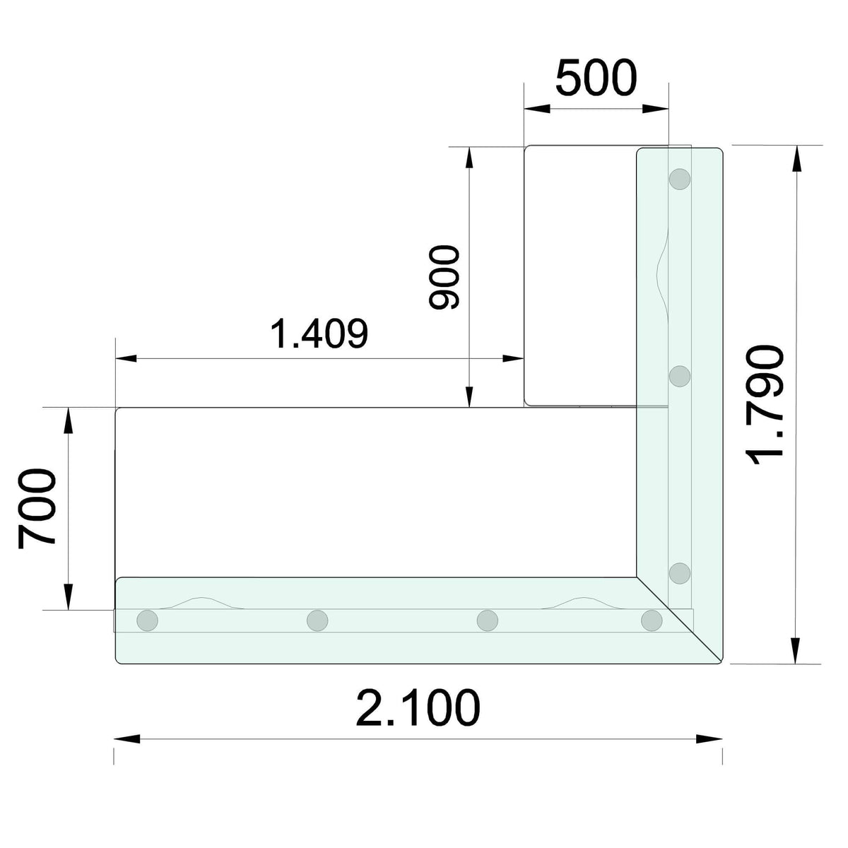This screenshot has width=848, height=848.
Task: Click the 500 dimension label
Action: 596,78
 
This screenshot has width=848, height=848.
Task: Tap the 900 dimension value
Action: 444,277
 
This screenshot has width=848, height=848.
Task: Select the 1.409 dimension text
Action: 319,334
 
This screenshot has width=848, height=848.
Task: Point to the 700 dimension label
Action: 37,509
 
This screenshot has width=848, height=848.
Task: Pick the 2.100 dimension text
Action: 418,709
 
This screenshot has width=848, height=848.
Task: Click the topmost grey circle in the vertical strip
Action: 679,179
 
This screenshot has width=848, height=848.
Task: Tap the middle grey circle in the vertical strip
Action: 679,376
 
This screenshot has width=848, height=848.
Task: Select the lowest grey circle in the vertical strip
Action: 679,573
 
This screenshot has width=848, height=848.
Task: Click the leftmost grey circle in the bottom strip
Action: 148,620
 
